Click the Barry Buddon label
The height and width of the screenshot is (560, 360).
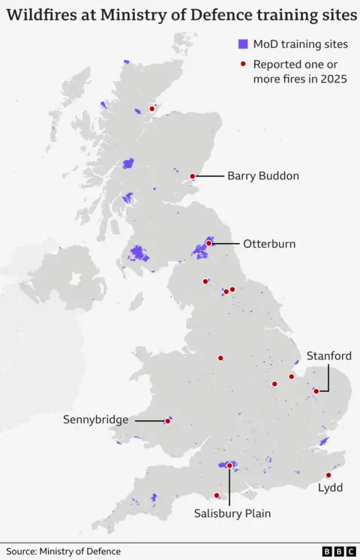263,176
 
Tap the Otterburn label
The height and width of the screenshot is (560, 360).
268,243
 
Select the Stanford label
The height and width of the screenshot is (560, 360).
328,356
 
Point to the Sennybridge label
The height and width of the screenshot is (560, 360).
96,420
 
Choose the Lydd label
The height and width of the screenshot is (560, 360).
330,487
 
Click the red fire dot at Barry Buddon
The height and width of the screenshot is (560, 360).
193,176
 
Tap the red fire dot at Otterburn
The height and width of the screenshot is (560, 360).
208,243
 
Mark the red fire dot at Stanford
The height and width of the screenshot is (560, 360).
316,391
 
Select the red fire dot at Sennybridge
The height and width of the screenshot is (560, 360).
167,421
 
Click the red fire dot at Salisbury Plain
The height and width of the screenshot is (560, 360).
229,466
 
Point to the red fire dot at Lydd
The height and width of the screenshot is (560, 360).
328,474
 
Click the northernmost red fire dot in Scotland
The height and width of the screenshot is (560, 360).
152,109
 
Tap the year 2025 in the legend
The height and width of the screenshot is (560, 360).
331,79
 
